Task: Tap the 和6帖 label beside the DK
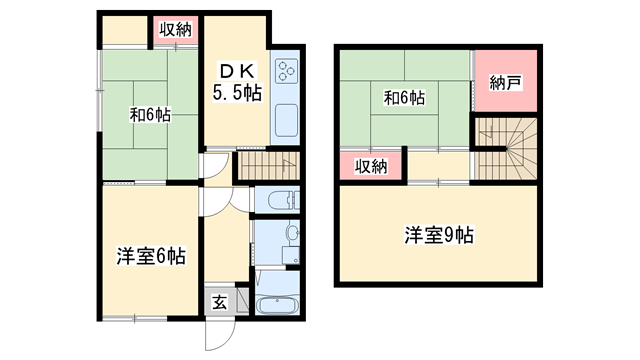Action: (149, 114)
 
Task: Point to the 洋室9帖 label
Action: (438, 236)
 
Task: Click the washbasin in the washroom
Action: (291, 237)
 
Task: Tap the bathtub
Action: (276, 305)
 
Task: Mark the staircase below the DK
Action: (268, 165)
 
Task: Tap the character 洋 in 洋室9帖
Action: (412, 236)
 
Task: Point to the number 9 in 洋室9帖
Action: (450, 236)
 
